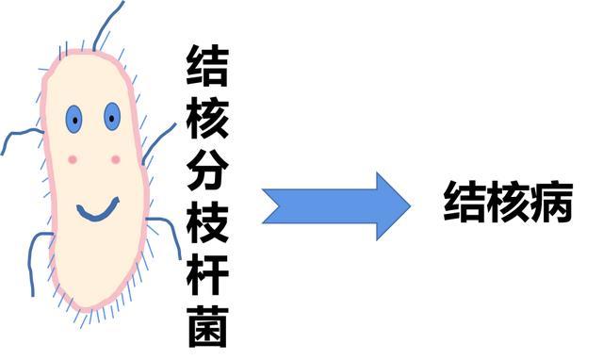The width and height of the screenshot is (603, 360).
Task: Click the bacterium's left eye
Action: pyautogui.click(x=73, y=119)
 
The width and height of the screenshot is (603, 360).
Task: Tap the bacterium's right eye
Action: pyautogui.click(x=112, y=117)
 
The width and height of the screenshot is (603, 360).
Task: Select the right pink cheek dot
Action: pyautogui.click(x=116, y=159)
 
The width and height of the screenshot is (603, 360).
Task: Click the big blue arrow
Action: pyautogui.click(x=334, y=205)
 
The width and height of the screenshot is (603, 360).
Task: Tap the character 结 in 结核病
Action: pyautogui.click(x=464, y=204)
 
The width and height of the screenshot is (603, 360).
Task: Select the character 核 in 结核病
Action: pyautogui.click(x=508, y=204)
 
